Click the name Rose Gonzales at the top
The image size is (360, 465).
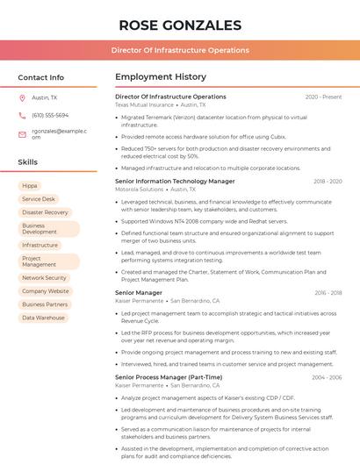pos(180,25)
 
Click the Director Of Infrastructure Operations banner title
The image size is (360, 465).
pos(180,50)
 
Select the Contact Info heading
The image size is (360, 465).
pos(40,77)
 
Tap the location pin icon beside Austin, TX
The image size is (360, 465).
pos(22,97)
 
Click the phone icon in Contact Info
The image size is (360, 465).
pos(22,115)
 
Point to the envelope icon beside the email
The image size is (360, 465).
pos(22,133)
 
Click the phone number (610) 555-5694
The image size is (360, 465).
pos(50,115)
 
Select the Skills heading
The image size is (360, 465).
pos(28,162)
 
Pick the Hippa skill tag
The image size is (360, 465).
pos(30,186)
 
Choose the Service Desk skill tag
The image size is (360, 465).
pos(39,199)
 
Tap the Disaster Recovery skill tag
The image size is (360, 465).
pos(45,212)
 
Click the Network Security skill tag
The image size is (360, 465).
pos(44,278)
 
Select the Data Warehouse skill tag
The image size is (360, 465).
pos(43,318)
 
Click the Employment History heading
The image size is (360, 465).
pos(160,77)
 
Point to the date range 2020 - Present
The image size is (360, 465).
pos(323,97)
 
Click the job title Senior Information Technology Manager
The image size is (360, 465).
pos(175,181)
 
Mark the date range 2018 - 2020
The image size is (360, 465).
pos(328,182)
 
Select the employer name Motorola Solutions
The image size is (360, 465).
pos(139,189)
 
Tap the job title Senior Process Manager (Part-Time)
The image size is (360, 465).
pos(169,377)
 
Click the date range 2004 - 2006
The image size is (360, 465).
pos(327,377)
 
